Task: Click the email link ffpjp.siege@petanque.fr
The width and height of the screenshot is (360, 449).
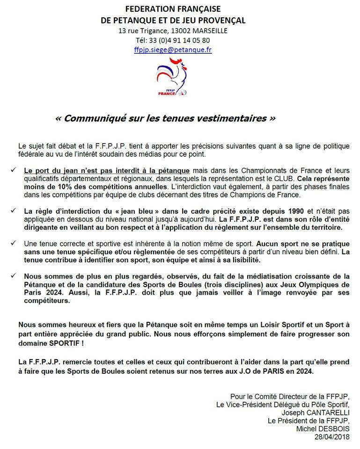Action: coord(173,50)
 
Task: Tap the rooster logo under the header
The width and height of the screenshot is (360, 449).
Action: coord(172,77)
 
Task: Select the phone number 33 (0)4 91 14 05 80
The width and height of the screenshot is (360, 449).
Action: coord(180,40)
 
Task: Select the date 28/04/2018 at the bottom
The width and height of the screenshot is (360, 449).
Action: coord(332,436)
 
